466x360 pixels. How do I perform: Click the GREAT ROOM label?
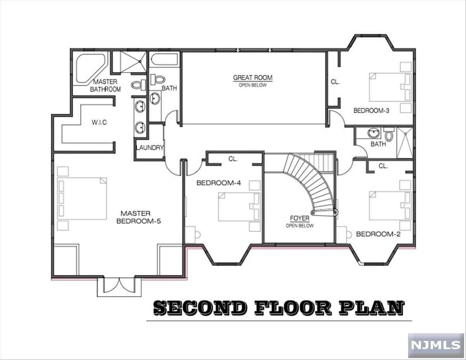[253, 77]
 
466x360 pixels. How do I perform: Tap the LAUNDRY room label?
[150, 148]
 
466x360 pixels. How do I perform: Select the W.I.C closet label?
[99, 122]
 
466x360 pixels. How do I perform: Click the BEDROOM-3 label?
[371, 111]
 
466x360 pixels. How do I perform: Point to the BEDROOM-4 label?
[219, 183]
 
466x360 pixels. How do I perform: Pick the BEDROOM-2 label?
[378, 234]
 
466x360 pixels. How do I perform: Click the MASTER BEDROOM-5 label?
[138, 217]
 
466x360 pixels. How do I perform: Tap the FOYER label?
[299, 218]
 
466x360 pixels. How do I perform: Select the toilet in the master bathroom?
[139, 85]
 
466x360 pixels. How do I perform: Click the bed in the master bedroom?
[82, 198]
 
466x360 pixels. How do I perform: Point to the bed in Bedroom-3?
[390, 87]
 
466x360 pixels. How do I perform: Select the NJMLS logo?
[436, 345]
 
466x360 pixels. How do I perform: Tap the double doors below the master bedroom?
[119, 285]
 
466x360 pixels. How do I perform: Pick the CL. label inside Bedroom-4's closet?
[233, 159]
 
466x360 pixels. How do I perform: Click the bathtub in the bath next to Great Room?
[164, 59]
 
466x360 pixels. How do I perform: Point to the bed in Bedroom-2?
[390, 205]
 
